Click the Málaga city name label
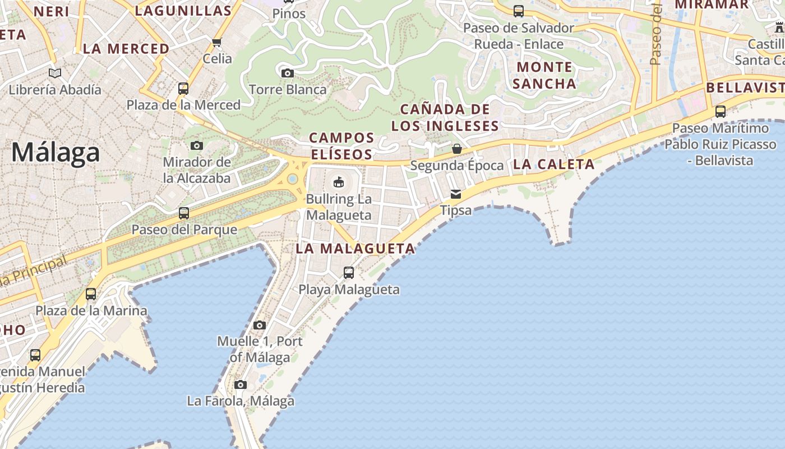(56, 153)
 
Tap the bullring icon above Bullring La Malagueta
(339, 182)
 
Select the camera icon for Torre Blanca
(288, 73)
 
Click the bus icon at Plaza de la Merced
(183, 88)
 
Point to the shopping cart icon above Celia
(217, 42)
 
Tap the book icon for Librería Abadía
(55, 73)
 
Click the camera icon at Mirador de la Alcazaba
(196, 146)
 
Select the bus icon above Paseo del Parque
(184, 213)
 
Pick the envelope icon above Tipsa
(456, 194)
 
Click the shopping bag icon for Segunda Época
(457, 149)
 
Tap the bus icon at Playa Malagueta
(349, 273)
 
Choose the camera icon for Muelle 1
(259, 325)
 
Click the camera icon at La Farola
(241, 384)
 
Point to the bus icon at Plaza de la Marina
(91, 294)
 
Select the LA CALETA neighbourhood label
(553, 164)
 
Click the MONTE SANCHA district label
(544, 75)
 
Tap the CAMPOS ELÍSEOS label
(341, 146)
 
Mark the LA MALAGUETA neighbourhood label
(355, 249)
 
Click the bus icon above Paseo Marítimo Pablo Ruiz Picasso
(721, 112)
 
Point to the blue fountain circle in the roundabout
(292, 179)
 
